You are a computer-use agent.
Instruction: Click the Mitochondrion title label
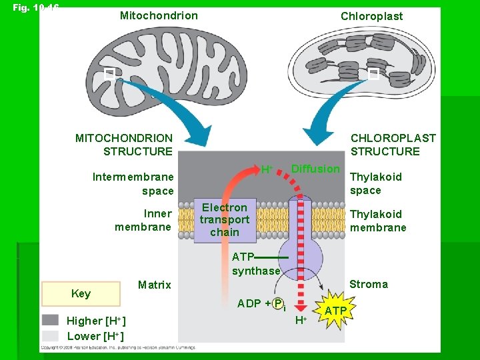click(159, 15)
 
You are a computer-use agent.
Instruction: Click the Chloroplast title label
click(371, 16)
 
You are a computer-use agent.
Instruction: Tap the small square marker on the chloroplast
click(373, 73)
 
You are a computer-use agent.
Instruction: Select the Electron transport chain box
click(224, 220)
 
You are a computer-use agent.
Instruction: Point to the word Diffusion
click(315, 169)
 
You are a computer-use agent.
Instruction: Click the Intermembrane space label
click(133, 184)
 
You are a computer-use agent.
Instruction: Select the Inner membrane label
click(143, 220)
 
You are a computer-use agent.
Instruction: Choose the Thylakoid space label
click(375, 183)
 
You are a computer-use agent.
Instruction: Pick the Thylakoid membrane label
click(377, 221)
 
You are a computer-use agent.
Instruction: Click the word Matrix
click(154, 285)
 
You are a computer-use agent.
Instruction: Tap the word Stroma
click(368, 284)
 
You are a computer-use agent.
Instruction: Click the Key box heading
click(81, 294)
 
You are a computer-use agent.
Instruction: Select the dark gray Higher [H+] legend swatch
click(50, 320)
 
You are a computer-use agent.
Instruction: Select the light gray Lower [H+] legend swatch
click(50, 335)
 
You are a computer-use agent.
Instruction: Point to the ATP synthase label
click(255, 264)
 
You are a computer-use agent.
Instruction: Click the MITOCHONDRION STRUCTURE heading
click(124, 145)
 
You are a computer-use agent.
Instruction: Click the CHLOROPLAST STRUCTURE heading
click(393, 145)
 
